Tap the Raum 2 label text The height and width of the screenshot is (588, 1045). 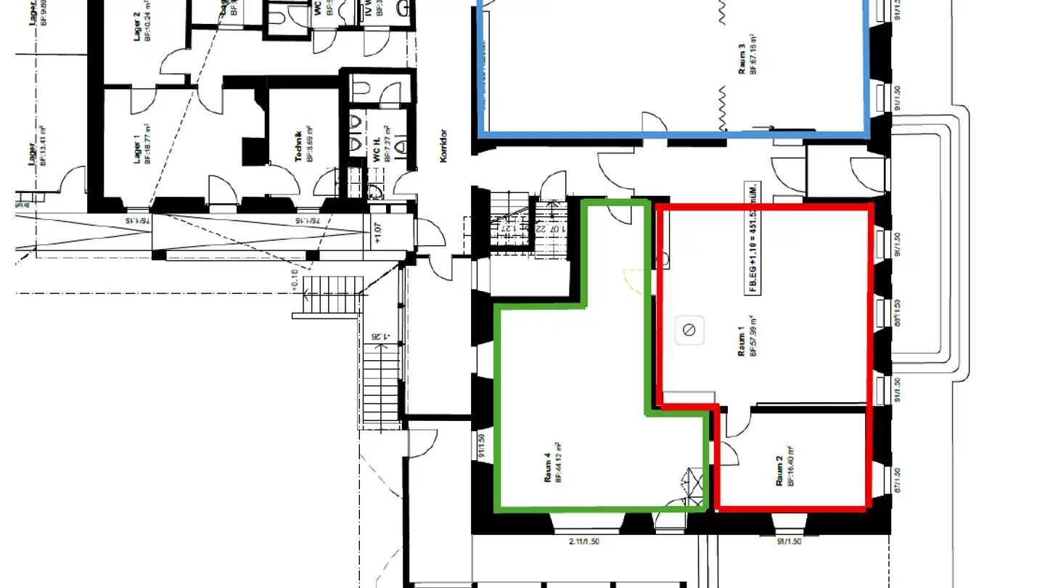pyautogui.click(x=779, y=471)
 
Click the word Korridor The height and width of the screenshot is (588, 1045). pyautogui.click(x=443, y=145)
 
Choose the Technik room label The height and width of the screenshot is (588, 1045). pyautogui.click(x=298, y=146)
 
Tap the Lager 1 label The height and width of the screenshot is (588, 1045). pyautogui.click(x=137, y=148)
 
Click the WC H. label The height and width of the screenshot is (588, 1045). pyautogui.click(x=377, y=149)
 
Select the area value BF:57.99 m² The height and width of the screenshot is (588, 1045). pyautogui.click(x=754, y=335)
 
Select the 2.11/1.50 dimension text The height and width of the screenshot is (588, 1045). pyautogui.click(x=584, y=542)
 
